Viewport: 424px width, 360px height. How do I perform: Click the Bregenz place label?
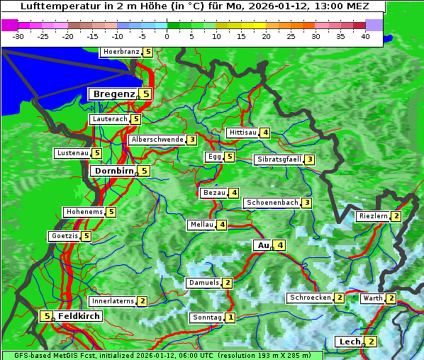coord(113,94)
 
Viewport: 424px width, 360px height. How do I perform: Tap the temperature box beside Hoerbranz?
coord(147,52)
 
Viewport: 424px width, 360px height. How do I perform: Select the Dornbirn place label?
coord(113,171)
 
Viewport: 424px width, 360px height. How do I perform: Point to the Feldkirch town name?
coord(79,316)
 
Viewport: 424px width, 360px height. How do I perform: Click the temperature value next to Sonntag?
coord(230,317)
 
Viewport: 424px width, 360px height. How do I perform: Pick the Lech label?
coord(350,342)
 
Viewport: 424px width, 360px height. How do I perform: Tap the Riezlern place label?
coord(374,216)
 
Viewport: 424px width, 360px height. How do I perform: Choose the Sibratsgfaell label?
coord(279,159)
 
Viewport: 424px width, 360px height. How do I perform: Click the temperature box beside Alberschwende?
coord(191,140)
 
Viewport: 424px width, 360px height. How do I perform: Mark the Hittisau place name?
coord(242,133)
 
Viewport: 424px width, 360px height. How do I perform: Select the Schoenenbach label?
coord(272,203)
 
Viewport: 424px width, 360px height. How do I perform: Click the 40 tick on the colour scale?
coord(365,36)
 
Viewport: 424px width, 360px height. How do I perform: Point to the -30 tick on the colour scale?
coord(18,36)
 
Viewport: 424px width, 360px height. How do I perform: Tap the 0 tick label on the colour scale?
coord(167,36)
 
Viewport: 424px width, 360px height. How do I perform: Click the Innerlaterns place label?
coord(113,301)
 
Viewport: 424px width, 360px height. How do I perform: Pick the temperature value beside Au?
coord(281,245)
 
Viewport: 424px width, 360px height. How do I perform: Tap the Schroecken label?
coord(310,298)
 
